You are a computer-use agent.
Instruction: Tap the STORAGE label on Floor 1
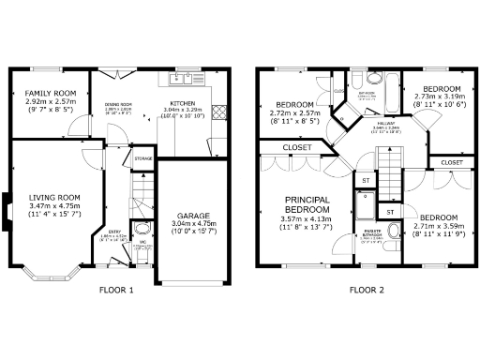[142, 159]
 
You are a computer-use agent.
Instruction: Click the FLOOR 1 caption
[116, 290]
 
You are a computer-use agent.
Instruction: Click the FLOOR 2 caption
[367, 290]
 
